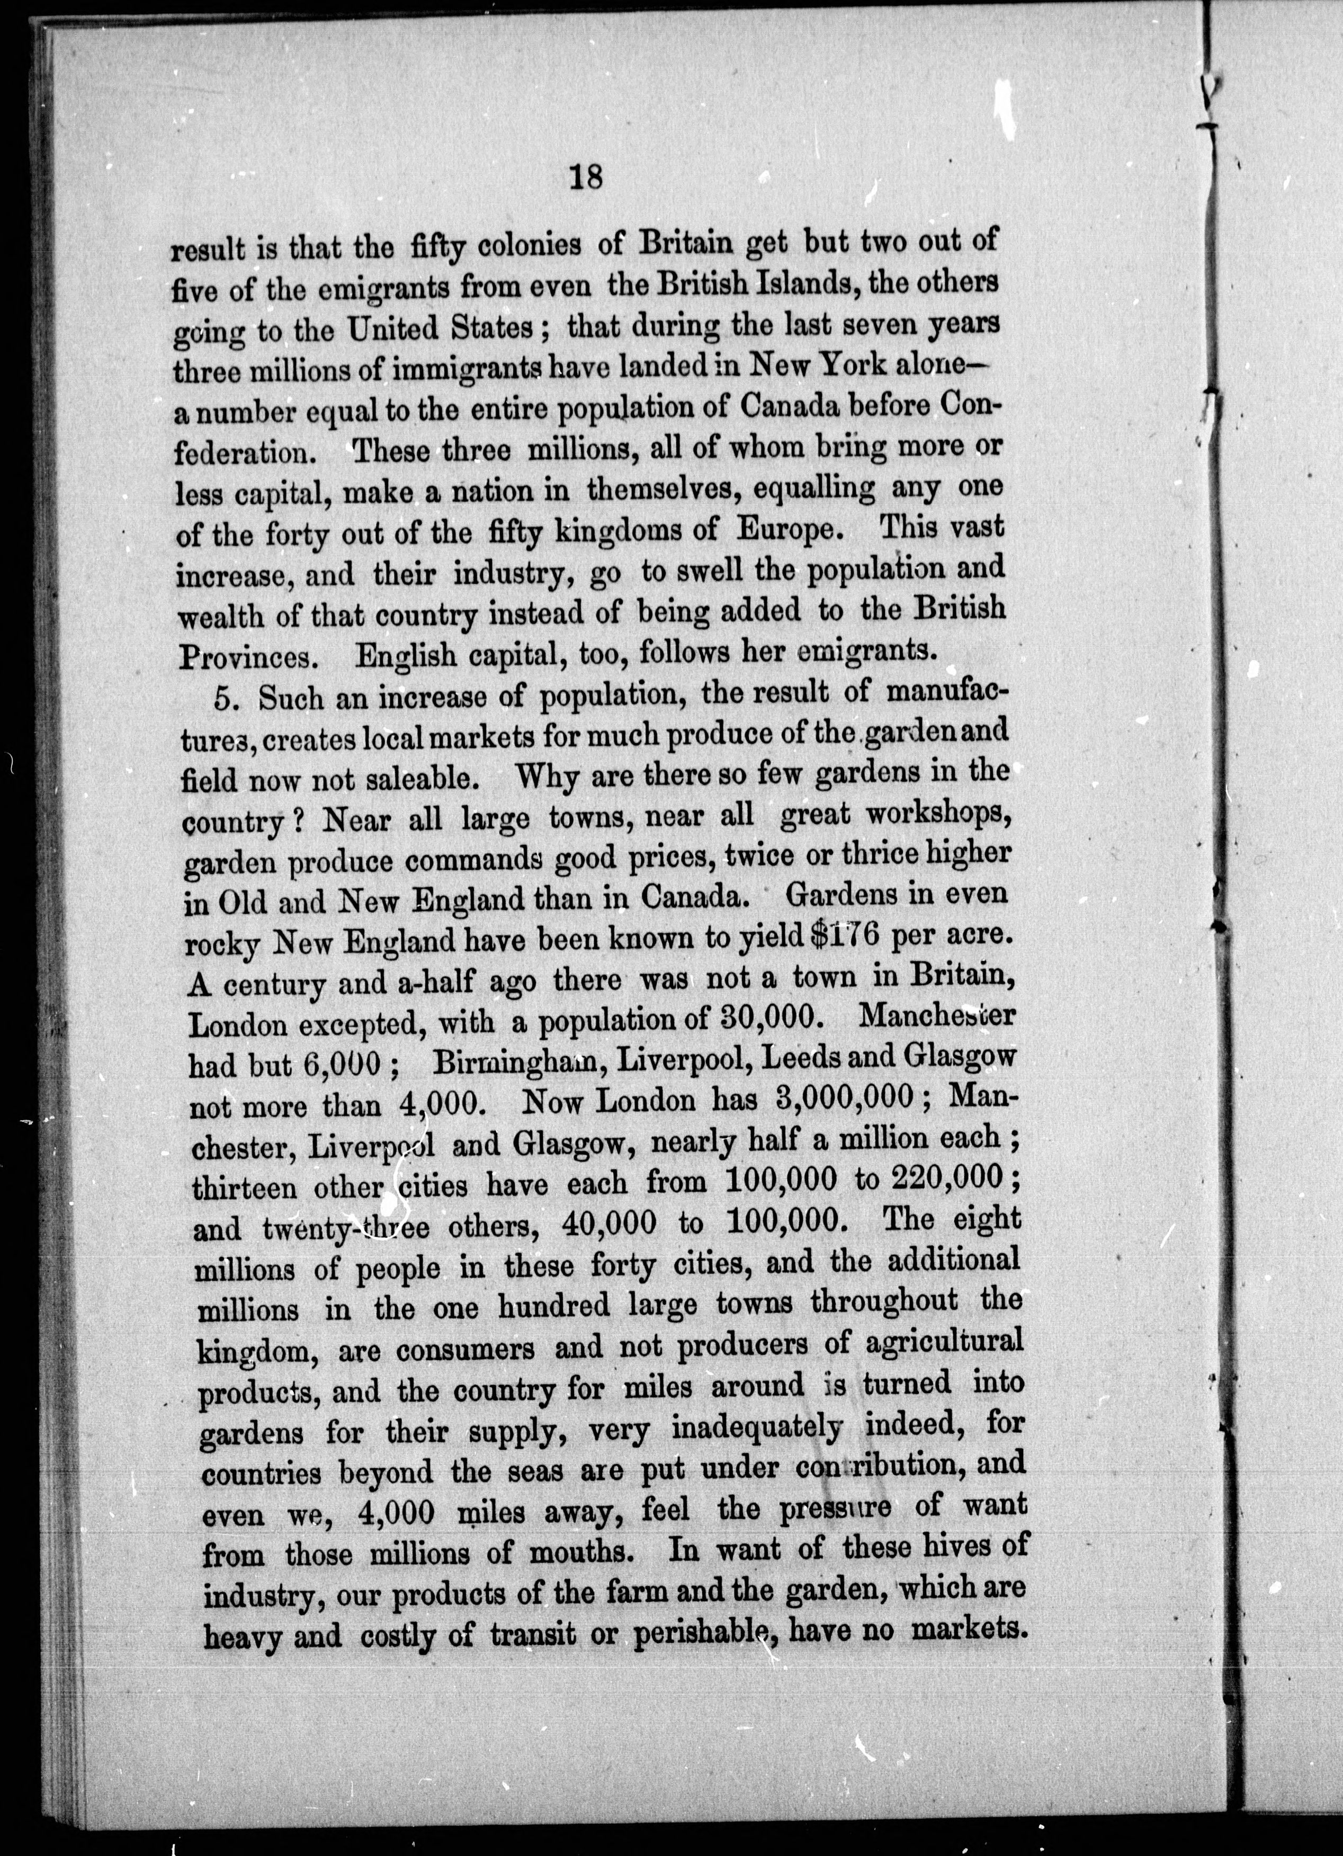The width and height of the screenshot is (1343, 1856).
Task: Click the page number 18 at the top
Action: point(584,177)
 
